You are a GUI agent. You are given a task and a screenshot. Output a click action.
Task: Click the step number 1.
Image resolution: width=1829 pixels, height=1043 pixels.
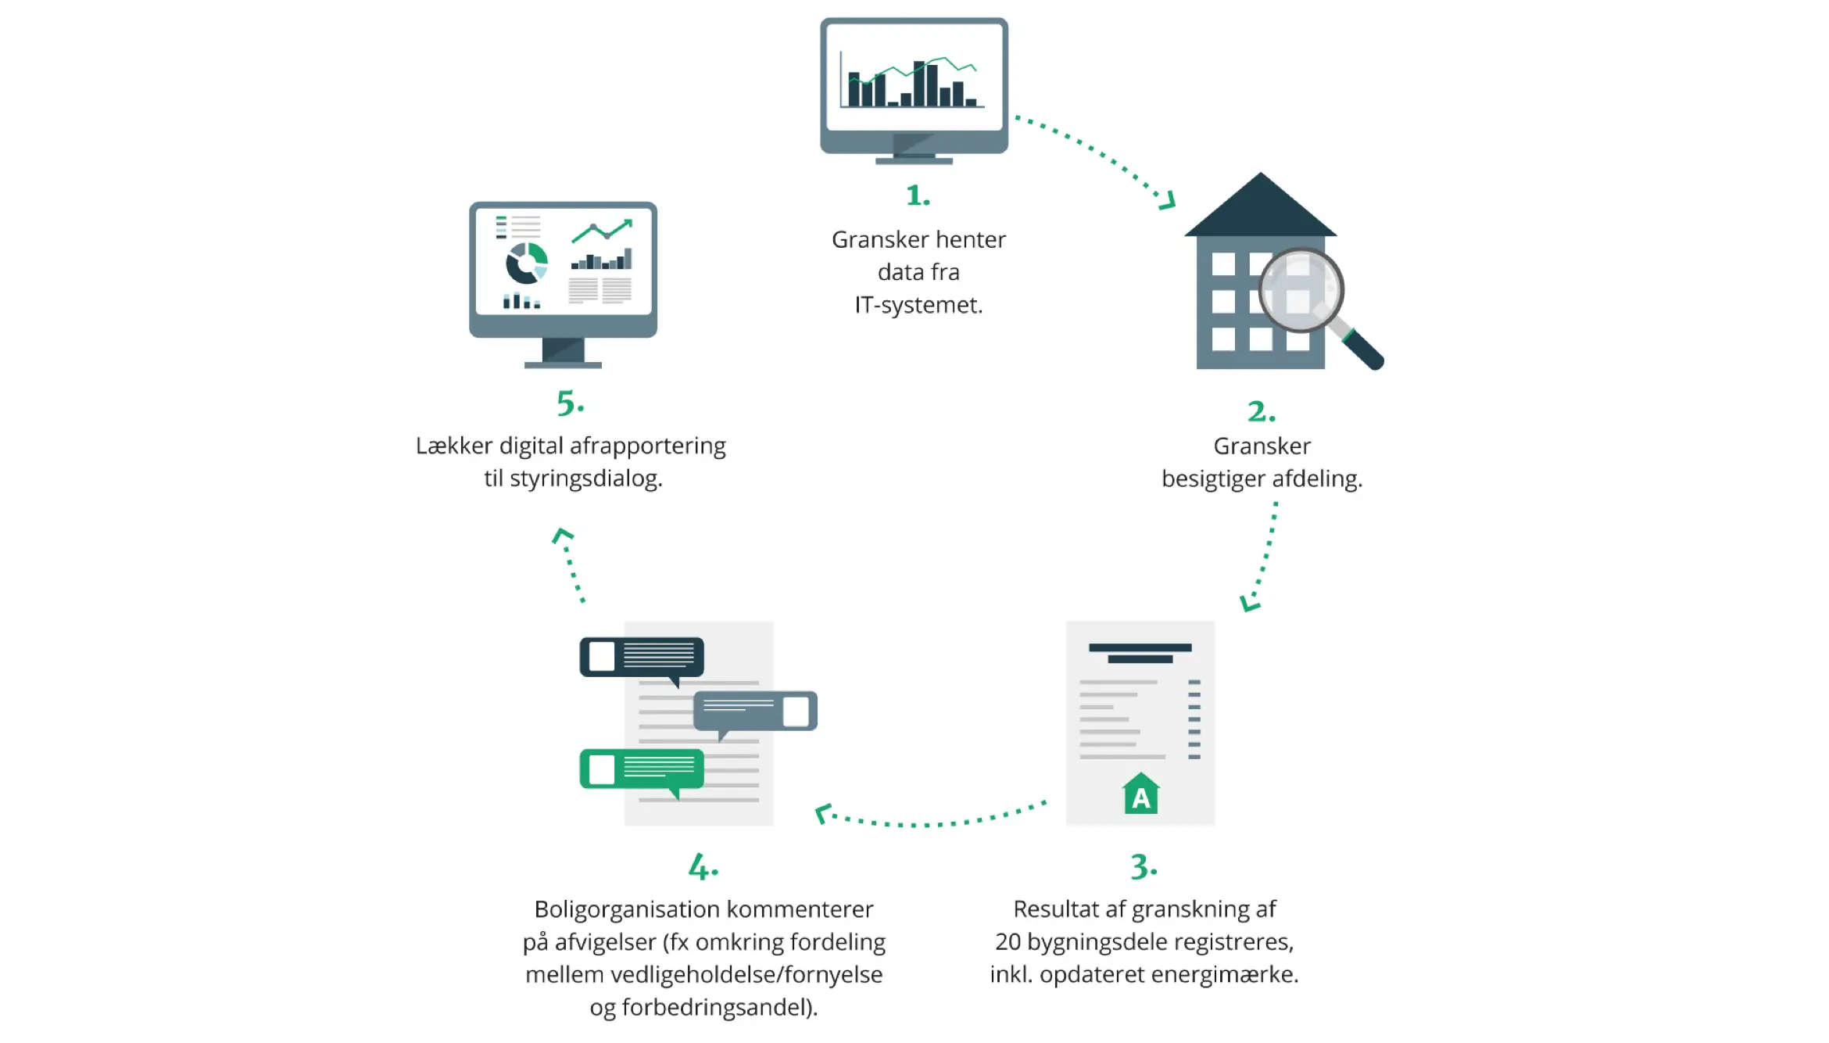point(917,195)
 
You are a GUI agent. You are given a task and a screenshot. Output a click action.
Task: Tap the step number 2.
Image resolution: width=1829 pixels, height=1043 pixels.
point(1260,411)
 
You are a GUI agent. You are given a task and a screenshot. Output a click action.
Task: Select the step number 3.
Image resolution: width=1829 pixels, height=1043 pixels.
point(1143,867)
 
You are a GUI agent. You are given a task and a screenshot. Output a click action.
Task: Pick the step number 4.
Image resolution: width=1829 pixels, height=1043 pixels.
point(702,867)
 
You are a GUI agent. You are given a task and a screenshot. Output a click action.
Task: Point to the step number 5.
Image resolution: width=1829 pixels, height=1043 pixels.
point(569,403)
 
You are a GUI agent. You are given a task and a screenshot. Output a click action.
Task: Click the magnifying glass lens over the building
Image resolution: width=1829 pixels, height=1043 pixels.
point(1300,289)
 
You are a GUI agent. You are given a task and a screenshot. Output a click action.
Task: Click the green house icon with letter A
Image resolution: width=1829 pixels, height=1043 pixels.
point(1140,794)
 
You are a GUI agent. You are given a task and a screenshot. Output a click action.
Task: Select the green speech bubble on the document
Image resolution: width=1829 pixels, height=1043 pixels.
point(642,769)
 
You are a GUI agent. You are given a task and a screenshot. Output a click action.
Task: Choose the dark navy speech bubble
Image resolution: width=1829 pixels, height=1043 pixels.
point(642,657)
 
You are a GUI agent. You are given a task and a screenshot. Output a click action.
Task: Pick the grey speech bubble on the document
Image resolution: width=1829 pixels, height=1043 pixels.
point(755,711)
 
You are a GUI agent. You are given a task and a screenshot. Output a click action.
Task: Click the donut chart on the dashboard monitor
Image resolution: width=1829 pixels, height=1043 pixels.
point(526,263)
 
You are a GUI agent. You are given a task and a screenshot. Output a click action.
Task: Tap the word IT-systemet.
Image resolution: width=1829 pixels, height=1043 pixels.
point(918,305)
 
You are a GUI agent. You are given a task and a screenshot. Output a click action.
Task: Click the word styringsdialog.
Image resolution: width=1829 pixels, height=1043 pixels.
point(585,478)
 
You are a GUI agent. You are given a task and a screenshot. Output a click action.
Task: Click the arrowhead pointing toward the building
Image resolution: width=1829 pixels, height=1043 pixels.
point(1168,201)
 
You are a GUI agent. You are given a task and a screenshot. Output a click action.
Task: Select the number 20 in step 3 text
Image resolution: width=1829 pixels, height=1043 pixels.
point(1008,942)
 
